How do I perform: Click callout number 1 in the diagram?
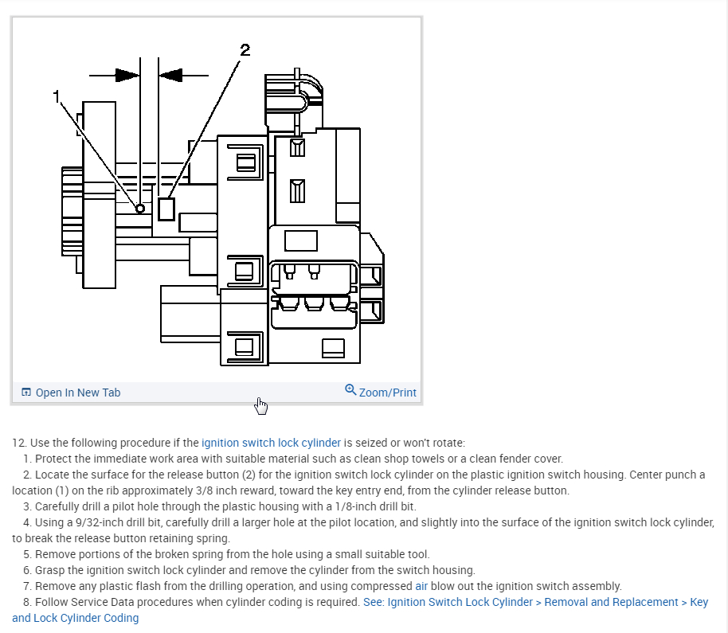pyautogui.click(x=57, y=96)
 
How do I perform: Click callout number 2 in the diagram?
pyautogui.click(x=245, y=50)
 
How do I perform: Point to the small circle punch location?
pyautogui.click(x=140, y=209)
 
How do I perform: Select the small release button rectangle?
pyautogui.click(x=166, y=209)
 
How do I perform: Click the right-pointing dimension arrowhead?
pyautogui.click(x=127, y=76)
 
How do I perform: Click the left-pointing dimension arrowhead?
pyautogui.click(x=171, y=76)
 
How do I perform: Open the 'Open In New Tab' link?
pyautogui.click(x=78, y=393)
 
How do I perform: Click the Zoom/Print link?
pyautogui.click(x=387, y=393)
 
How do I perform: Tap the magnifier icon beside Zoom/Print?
pyautogui.click(x=350, y=390)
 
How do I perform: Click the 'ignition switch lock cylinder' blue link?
pyautogui.click(x=271, y=443)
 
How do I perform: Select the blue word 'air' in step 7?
pyautogui.click(x=421, y=586)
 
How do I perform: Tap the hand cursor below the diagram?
pyautogui.click(x=260, y=406)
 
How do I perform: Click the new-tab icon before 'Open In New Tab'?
pyautogui.click(x=26, y=393)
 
